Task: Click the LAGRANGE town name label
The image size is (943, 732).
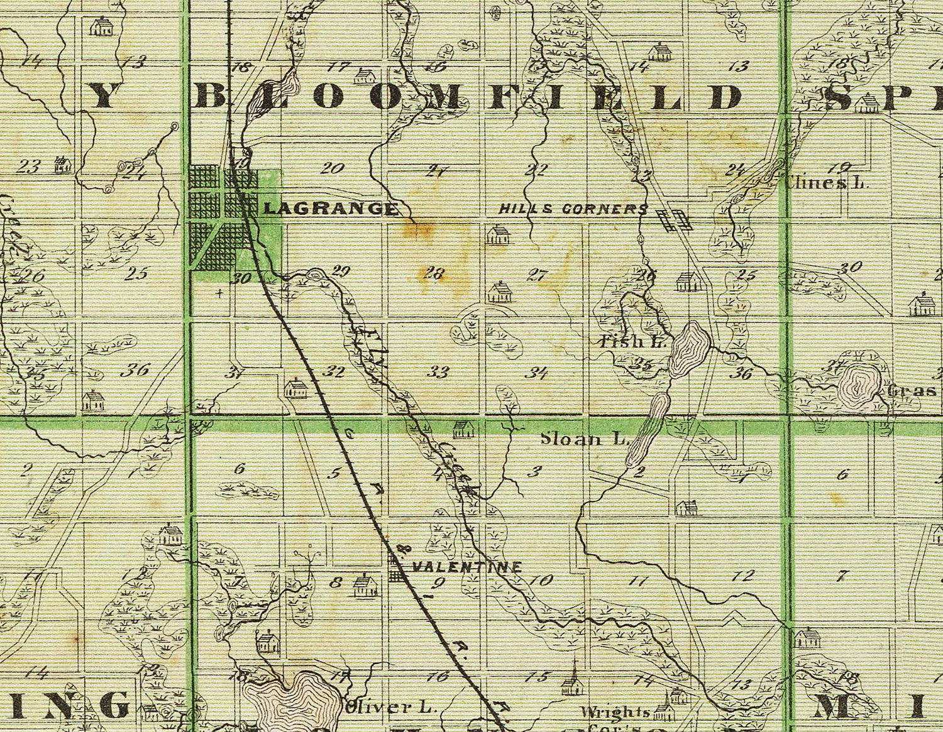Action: [x=331, y=209]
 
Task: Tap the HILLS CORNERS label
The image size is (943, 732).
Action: [x=573, y=209]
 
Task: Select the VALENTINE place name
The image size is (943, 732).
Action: [x=466, y=567]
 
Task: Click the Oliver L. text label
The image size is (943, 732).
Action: [x=390, y=707]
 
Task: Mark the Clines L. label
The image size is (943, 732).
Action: [x=827, y=183]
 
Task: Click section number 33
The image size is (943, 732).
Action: [x=438, y=372]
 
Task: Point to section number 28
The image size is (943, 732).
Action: [x=434, y=273]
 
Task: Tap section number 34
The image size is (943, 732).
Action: [x=536, y=373]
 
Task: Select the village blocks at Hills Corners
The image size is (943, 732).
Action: [x=674, y=220]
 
